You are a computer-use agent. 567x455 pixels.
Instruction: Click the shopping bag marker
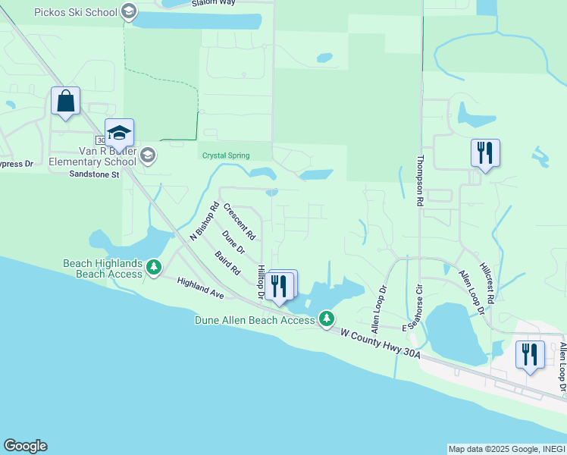click(x=65, y=101)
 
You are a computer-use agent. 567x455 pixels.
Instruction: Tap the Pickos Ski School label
click(x=76, y=11)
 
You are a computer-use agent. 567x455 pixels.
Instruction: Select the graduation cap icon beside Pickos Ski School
click(x=128, y=11)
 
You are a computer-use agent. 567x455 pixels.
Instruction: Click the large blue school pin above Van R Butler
click(x=119, y=133)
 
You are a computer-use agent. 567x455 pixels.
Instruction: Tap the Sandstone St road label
click(x=95, y=174)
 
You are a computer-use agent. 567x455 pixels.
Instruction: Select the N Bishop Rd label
click(x=203, y=221)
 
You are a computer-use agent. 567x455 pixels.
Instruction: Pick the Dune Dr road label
click(x=234, y=242)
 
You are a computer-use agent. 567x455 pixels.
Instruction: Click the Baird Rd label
click(x=227, y=262)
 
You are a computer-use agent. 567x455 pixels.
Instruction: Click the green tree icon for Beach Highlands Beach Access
click(x=154, y=267)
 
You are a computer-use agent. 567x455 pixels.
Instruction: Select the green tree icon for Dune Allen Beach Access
click(x=327, y=318)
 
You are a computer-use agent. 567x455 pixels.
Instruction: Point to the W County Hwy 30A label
click(x=379, y=344)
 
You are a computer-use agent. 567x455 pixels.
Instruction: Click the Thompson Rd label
click(x=419, y=182)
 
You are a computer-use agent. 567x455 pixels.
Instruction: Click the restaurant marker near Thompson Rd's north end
click(x=484, y=153)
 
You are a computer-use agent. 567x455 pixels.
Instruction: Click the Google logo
click(x=25, y=446)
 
